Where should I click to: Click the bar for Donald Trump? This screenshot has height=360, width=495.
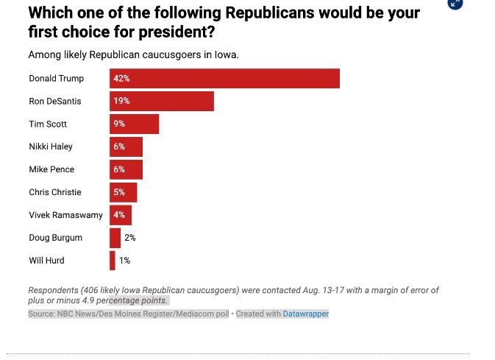coord(224,79)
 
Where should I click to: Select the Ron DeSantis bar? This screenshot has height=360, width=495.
coord(162,102)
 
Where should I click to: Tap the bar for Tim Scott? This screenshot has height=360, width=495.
coord(135,124)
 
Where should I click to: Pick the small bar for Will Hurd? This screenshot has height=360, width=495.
coord(113,261)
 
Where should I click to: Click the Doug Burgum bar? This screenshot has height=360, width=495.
coord(115,238)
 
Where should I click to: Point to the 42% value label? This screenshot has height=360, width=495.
coord(121,79)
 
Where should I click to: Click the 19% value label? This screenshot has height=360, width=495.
coord(121,102)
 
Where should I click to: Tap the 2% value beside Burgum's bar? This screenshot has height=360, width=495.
coord(130,238)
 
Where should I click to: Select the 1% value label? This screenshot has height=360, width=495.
coord(124,261)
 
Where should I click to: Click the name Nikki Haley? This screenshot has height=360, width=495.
coord(51,147)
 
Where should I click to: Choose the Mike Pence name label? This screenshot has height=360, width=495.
coord(51,170)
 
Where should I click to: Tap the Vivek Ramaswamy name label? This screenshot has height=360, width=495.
coord(65,215)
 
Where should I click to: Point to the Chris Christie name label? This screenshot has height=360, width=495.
coord(55,192)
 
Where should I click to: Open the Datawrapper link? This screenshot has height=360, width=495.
coord(306,314)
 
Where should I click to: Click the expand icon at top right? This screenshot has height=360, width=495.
coord(455,3)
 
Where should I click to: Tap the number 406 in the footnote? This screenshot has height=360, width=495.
coord(93,290)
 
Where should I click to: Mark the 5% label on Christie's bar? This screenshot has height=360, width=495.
coord(119,192)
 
